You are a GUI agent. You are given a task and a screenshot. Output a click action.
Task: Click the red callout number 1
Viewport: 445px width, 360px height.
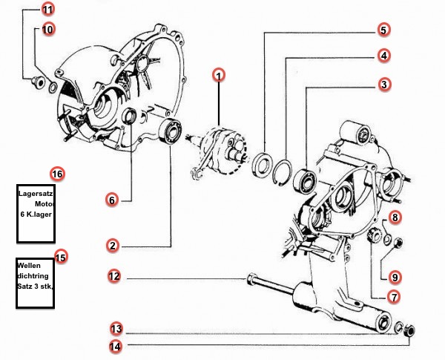click(x=219, y=75)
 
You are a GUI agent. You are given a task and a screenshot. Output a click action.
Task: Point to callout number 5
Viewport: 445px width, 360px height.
click(x=383, y=30)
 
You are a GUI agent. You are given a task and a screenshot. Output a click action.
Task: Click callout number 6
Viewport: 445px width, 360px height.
click(x=112, y=200)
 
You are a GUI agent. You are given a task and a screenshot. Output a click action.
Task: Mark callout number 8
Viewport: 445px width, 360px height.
click(x=395, y=217)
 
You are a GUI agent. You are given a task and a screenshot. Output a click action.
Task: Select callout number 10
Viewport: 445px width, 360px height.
click(x=48, y=30)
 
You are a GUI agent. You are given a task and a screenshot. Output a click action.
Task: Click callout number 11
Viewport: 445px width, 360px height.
click(x=48, y=10)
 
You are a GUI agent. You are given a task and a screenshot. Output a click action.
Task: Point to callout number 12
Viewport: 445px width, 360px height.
click(x=114, y=277)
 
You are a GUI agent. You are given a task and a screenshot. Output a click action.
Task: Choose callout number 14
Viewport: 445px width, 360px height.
click(x=116, y=344)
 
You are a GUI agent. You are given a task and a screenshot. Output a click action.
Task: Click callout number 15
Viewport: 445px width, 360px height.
click(x=60, y=258)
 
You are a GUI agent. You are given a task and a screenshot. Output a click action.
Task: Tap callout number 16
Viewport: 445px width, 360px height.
click(x=57, y=174)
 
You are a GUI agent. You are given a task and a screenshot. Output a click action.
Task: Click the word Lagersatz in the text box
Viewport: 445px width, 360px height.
click(x=35, y=193)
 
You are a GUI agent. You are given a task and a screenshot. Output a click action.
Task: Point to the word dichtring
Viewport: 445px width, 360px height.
click(x=32, y=275)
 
